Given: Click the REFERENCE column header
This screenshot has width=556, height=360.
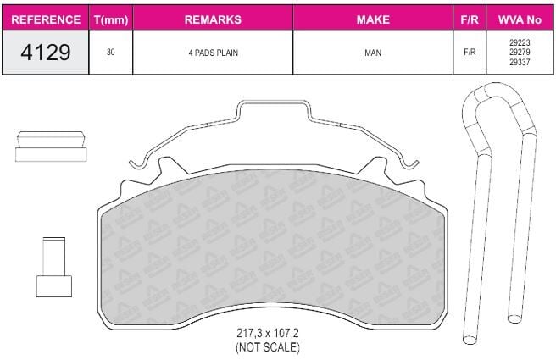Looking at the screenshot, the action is [x=46, y=19].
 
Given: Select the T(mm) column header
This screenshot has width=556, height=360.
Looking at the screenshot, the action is [x=111, y=19].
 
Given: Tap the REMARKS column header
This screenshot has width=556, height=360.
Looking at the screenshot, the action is [x=213, y=19].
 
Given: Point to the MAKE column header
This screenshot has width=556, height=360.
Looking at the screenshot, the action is [x=373, y=19].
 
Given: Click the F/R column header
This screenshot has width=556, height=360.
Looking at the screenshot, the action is [x=470, y=19].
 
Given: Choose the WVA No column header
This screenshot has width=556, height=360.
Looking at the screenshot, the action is [x=520, y=19].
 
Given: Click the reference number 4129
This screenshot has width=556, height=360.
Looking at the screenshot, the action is [x=46, y=52].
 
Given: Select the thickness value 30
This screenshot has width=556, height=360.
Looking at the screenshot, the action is [x=111, y=52].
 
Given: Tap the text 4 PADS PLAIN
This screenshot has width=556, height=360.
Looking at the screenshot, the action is [x=213, y=53].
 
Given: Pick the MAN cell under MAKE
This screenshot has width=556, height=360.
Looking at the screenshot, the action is [x=373, y=53].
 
